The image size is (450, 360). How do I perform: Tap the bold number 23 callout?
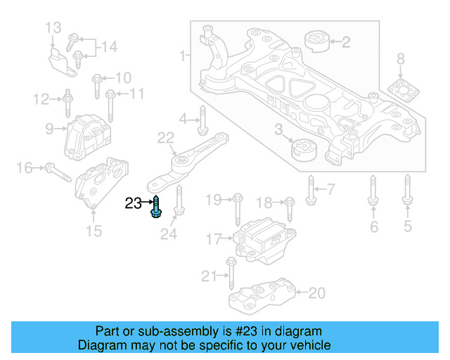pyautogui.click(x=133, y=203)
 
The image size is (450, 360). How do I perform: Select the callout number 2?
pyautogui.click(x=345, y=43)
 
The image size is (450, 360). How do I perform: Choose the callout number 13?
pyautogui.click(x=54, y=28)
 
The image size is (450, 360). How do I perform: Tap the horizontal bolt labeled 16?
pyautogui.click(x=56, y=170)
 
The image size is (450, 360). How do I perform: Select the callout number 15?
pyautogui.click(x=94, y=231)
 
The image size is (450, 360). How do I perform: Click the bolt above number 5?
pyautogui.click(x=406, y=193)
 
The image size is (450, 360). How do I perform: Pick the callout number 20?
pyautogui.click(x=317, y=292)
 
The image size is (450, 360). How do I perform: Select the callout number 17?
pyautogui.click(x=213, y=239)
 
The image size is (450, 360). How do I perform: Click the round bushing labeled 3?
pyautogui.click(x=304, y=150)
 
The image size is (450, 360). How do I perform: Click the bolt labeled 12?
pyautogui.click(x=67, y=103)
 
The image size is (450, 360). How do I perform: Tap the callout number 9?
pyautogui.click(x=50, y=129)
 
